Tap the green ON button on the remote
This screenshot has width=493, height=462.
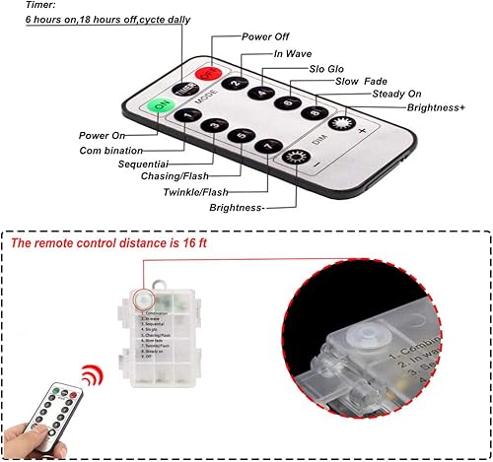[158, 105]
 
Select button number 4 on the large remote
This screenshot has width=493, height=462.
[261, 94]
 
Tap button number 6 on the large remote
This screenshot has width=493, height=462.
[288, 102]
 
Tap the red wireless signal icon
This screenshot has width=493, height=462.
[91, 377]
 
